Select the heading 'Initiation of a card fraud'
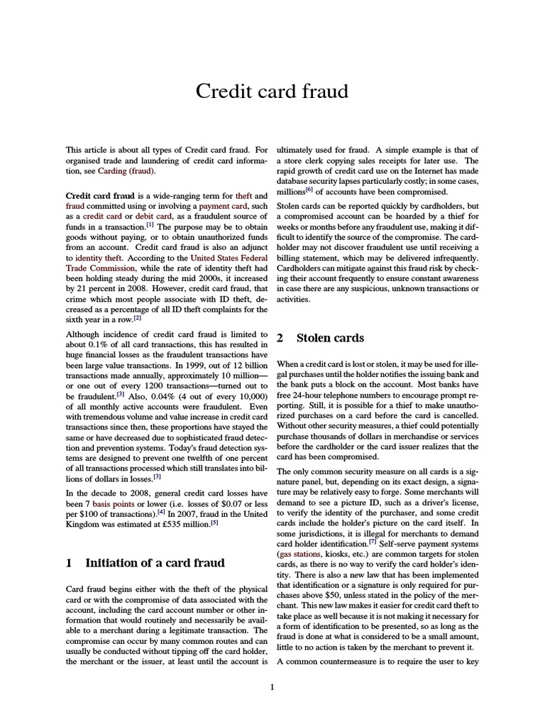click(155, 563)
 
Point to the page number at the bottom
click(272, 687)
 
